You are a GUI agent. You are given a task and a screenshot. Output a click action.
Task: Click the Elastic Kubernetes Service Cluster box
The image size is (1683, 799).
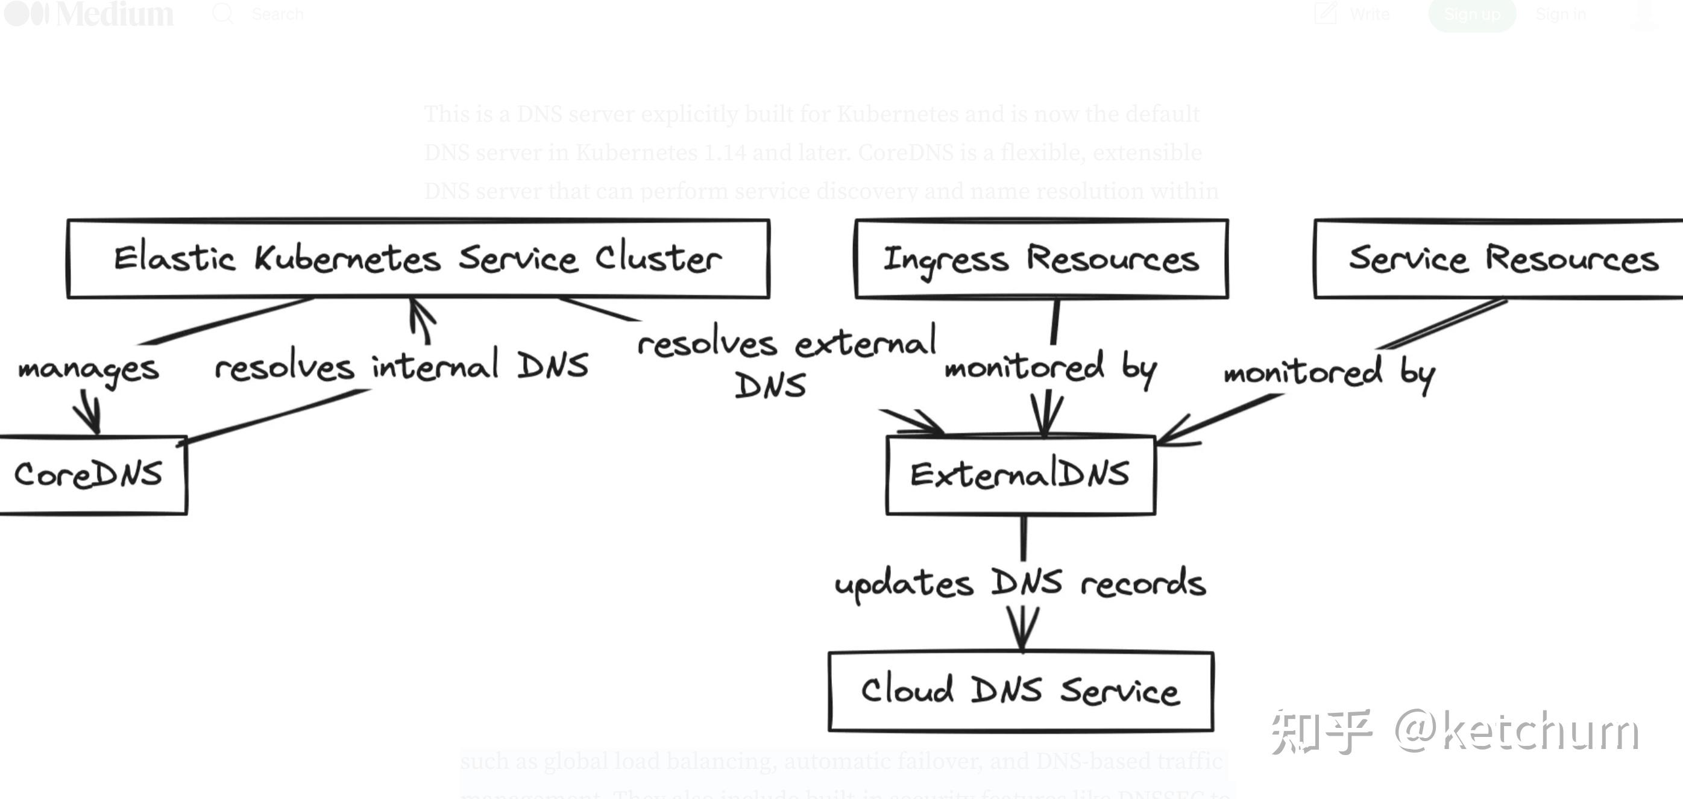pos(418,258)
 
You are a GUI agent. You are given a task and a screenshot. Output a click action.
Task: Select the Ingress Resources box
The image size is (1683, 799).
pos(1042,258)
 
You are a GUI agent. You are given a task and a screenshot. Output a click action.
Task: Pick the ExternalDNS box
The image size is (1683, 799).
pos(1020,475)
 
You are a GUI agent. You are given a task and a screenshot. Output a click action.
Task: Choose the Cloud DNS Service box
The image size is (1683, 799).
pos(1021,691)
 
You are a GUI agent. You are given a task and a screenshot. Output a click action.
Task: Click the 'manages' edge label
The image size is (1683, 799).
pos(89,370)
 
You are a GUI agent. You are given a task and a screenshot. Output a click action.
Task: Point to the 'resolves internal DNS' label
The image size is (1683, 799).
pos(401,366)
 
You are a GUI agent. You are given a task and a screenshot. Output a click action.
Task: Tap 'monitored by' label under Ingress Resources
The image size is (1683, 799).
pos(1051,368)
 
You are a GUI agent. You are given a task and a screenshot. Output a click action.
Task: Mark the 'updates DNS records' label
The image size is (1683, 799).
pos(1020,583)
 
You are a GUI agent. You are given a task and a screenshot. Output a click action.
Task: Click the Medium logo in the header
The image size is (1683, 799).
pos(89,14)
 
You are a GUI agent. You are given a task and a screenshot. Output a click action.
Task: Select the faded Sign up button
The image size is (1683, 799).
pos(1471,14)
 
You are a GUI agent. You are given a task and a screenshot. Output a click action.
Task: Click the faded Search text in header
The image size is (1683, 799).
pos(277,14)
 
